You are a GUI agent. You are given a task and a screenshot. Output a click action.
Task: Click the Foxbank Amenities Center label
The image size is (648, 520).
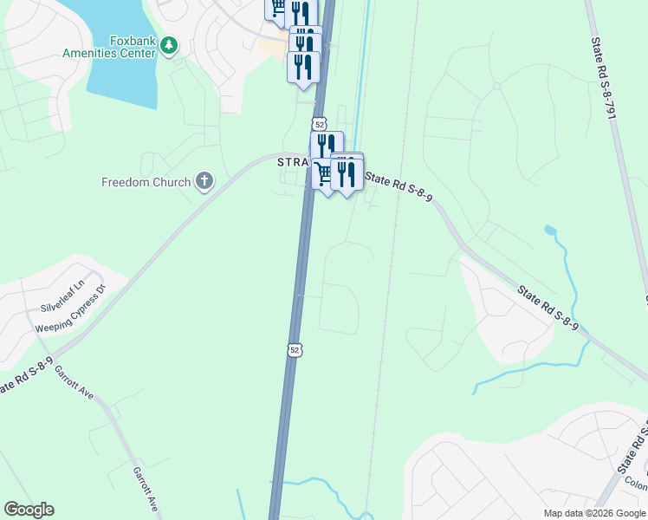108,46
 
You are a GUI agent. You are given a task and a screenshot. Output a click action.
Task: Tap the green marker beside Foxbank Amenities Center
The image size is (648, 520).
170,44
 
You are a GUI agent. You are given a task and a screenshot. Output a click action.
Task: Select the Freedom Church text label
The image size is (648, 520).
146,182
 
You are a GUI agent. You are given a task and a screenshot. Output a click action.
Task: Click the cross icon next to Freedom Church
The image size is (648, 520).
204,181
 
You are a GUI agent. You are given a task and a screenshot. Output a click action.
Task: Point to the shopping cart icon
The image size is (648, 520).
324,174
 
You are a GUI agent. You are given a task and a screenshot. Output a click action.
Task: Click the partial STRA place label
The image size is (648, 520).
292,162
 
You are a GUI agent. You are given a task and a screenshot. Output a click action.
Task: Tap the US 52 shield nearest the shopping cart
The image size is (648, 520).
320,124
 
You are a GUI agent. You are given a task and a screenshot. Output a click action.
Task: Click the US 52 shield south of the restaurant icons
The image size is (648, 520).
295,349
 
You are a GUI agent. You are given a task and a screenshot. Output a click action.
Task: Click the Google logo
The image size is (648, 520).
29,510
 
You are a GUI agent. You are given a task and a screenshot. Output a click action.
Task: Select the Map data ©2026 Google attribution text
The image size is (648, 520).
594,513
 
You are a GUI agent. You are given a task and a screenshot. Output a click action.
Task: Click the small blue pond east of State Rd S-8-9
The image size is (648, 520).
550,231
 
